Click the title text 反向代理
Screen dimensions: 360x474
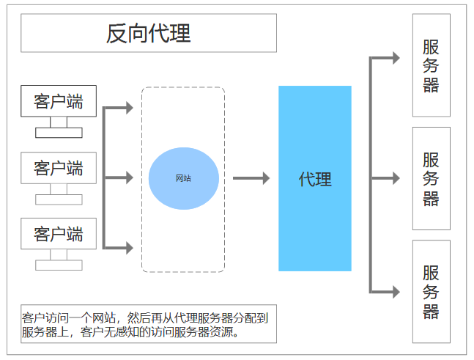(x=149, y=33)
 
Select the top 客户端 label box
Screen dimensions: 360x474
(x=58, y=102)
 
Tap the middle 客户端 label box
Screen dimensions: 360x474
(x=58, y=169)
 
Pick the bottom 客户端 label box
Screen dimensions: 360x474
(x=58, y=235)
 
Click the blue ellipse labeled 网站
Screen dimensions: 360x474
(x=183, y=178)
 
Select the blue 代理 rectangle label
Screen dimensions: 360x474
(x=315, y=179)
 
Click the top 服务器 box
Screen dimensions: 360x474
(x=431, y=65)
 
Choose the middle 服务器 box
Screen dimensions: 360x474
(x=431, y=178)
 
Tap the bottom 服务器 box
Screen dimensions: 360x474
(x=431, y=292)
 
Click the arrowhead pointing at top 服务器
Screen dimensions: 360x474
(x=396, y=58)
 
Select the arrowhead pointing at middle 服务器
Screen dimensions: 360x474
(x=396, y=178)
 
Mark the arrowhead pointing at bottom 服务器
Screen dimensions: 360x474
(x=396, y=292)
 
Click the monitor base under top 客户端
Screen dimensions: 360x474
(x=59, y=133)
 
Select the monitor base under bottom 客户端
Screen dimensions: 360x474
(x=59, y=265)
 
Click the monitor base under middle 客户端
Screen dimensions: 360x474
(x=59, y=199)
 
